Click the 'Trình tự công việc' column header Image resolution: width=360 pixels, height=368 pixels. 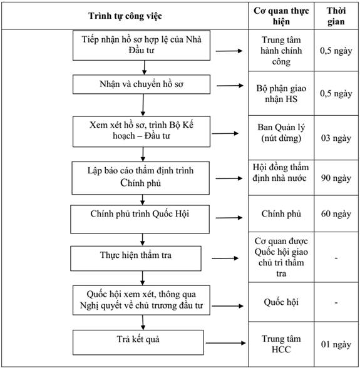pos(125,16)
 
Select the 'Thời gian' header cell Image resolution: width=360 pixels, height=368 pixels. pos(336,16)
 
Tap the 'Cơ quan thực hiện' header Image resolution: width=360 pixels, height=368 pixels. pos(281,16)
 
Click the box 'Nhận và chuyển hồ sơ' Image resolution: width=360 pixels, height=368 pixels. pos(141,84)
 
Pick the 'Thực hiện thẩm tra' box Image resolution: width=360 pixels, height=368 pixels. pos(136,258)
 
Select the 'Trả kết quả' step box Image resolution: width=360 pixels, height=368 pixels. pos(138,342)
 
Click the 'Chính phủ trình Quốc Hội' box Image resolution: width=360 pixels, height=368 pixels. pos(140,219)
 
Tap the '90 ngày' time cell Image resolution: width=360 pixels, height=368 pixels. pos(336,178)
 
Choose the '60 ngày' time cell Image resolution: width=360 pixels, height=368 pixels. pos(336,214)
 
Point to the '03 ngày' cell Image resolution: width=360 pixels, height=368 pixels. pos(336,138)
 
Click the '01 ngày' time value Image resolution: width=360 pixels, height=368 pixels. pos(336,344)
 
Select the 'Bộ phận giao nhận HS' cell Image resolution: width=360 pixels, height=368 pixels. pos(281,94)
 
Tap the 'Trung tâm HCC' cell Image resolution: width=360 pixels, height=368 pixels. pos(281,344)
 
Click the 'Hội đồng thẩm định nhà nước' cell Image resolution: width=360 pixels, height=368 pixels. pos(280,173)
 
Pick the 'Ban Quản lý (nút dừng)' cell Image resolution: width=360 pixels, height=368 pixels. pos(281,133)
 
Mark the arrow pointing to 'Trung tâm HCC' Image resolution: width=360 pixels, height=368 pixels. pos(225,343)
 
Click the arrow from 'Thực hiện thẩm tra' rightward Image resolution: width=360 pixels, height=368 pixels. pos(225,258)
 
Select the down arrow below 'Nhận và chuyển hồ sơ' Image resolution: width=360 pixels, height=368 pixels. pos(143,105)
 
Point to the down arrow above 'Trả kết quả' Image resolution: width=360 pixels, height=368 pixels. pos(143,322)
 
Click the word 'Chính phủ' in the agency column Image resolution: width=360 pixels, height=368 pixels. pos(281,214)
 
